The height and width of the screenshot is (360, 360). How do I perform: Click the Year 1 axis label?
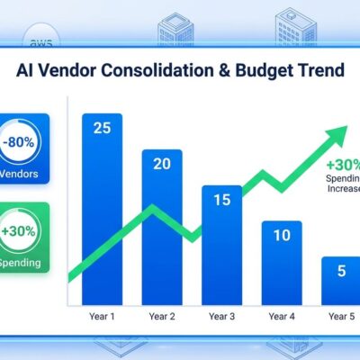tap(102, 316)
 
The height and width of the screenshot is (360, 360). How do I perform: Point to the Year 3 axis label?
tap(220, 316)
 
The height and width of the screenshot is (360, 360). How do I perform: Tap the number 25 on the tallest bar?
tap(102, 128)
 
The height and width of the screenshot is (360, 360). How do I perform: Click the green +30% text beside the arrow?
tap(344, 165)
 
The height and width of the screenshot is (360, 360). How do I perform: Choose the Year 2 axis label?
tap(161, 316)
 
